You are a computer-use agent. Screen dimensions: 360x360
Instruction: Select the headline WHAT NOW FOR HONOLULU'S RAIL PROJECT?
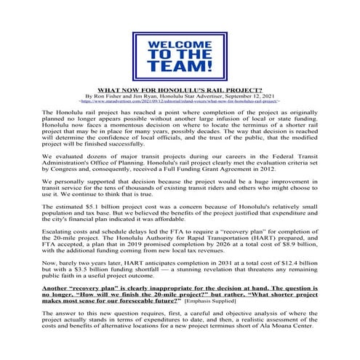point(180,90)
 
